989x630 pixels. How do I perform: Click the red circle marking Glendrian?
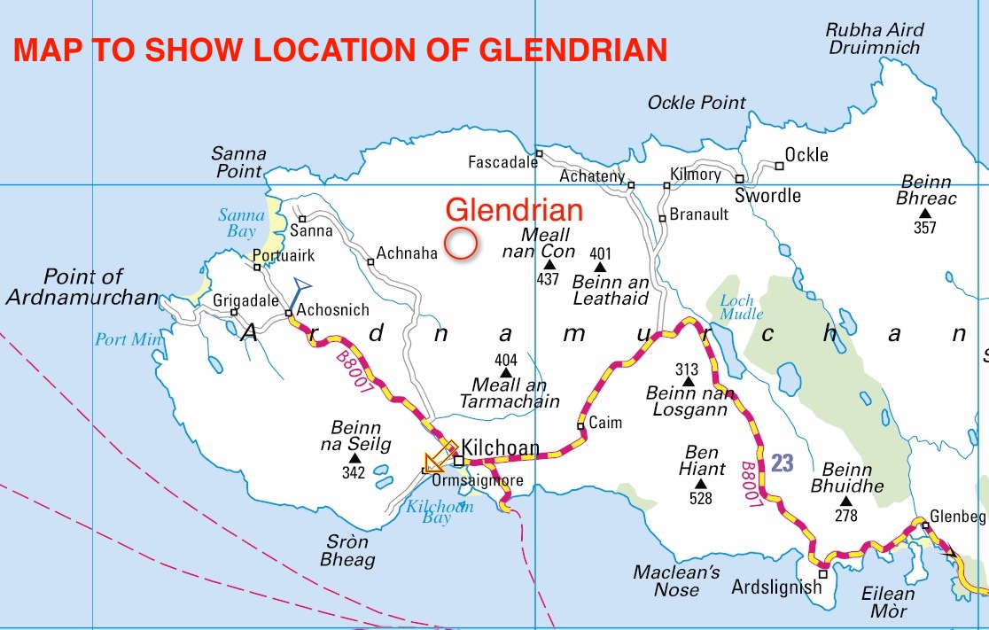[461, 243]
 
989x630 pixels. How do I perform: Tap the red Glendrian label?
[514, 210]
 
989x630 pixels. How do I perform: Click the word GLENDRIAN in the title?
[573, 50]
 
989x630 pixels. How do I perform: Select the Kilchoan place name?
[501, 449]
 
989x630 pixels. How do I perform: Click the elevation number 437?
[549, 279]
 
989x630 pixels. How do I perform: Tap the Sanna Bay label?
[241, 223]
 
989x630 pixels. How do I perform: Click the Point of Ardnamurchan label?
[82, 287]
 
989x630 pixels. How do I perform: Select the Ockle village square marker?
[780, 165]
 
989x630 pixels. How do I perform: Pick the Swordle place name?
[768, 196]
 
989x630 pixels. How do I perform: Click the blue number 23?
[782, 463]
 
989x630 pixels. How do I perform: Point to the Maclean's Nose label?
[676, 581]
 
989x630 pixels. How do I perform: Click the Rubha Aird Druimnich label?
[874, 39]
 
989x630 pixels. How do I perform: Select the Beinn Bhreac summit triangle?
[925, 214]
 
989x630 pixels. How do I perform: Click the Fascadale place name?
[502, 162]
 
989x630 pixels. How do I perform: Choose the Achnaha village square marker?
[370, 261]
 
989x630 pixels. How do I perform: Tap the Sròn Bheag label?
[347, 551]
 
